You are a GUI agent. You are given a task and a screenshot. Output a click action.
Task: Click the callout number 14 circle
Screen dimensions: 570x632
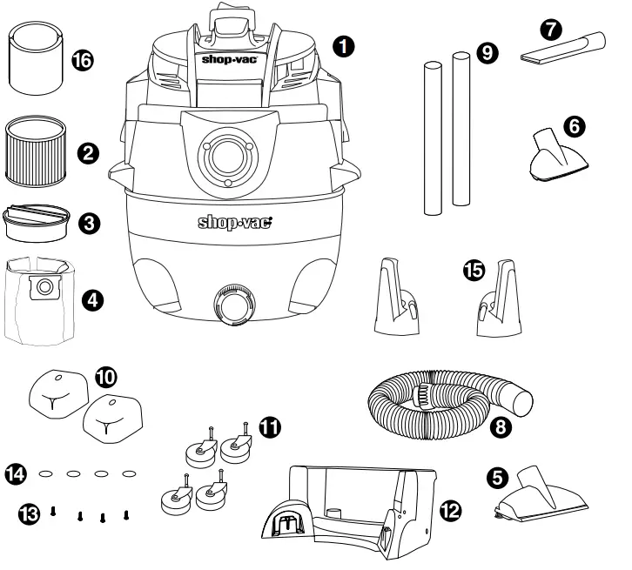pos(17,473)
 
